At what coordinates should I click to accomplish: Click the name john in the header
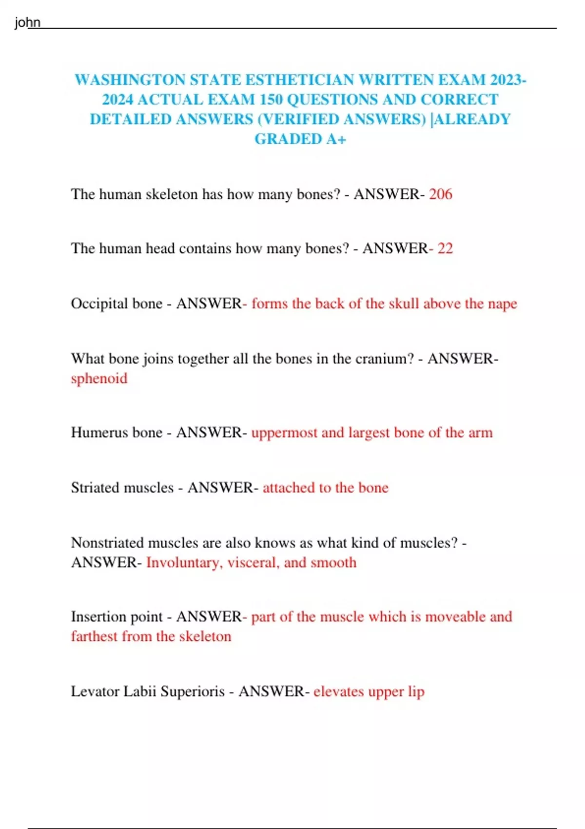click(27, 22)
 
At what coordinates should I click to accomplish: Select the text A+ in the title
click(336, 139)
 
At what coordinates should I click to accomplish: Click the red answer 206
click(441, 194)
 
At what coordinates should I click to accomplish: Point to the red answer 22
click(445, 248)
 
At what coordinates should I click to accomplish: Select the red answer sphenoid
click(99, 378)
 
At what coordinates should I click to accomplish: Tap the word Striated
click(97, 488)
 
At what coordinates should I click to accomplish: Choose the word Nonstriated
click(107, 543)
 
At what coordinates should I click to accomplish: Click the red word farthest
click(94, 636)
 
